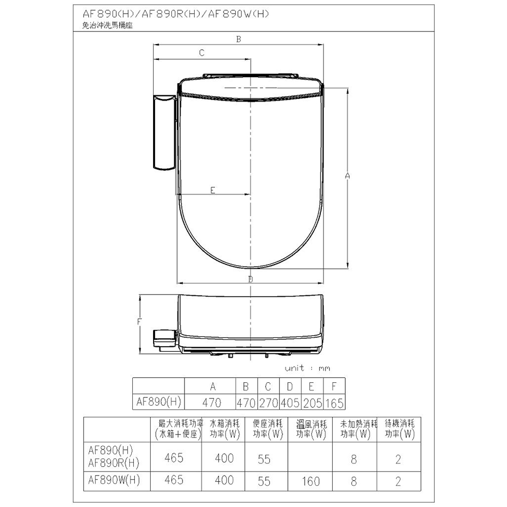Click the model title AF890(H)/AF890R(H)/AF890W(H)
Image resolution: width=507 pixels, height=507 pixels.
(x=176, y=14)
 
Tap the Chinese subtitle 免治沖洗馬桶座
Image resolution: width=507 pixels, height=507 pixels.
(x=107, y=25)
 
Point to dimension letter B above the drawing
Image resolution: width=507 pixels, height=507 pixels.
(x=239, y=39)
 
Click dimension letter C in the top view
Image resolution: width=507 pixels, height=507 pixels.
(x=202, y=53)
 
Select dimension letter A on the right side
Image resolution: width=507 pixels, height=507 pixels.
(x=348, y=176)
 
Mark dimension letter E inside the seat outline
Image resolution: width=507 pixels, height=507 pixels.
(x=212, y=190)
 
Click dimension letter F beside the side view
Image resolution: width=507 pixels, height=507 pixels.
(x=139, y=322)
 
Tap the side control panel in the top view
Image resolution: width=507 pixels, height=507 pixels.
(x=165, y=132)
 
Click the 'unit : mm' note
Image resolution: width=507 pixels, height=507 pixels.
(x=307, y=368)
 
